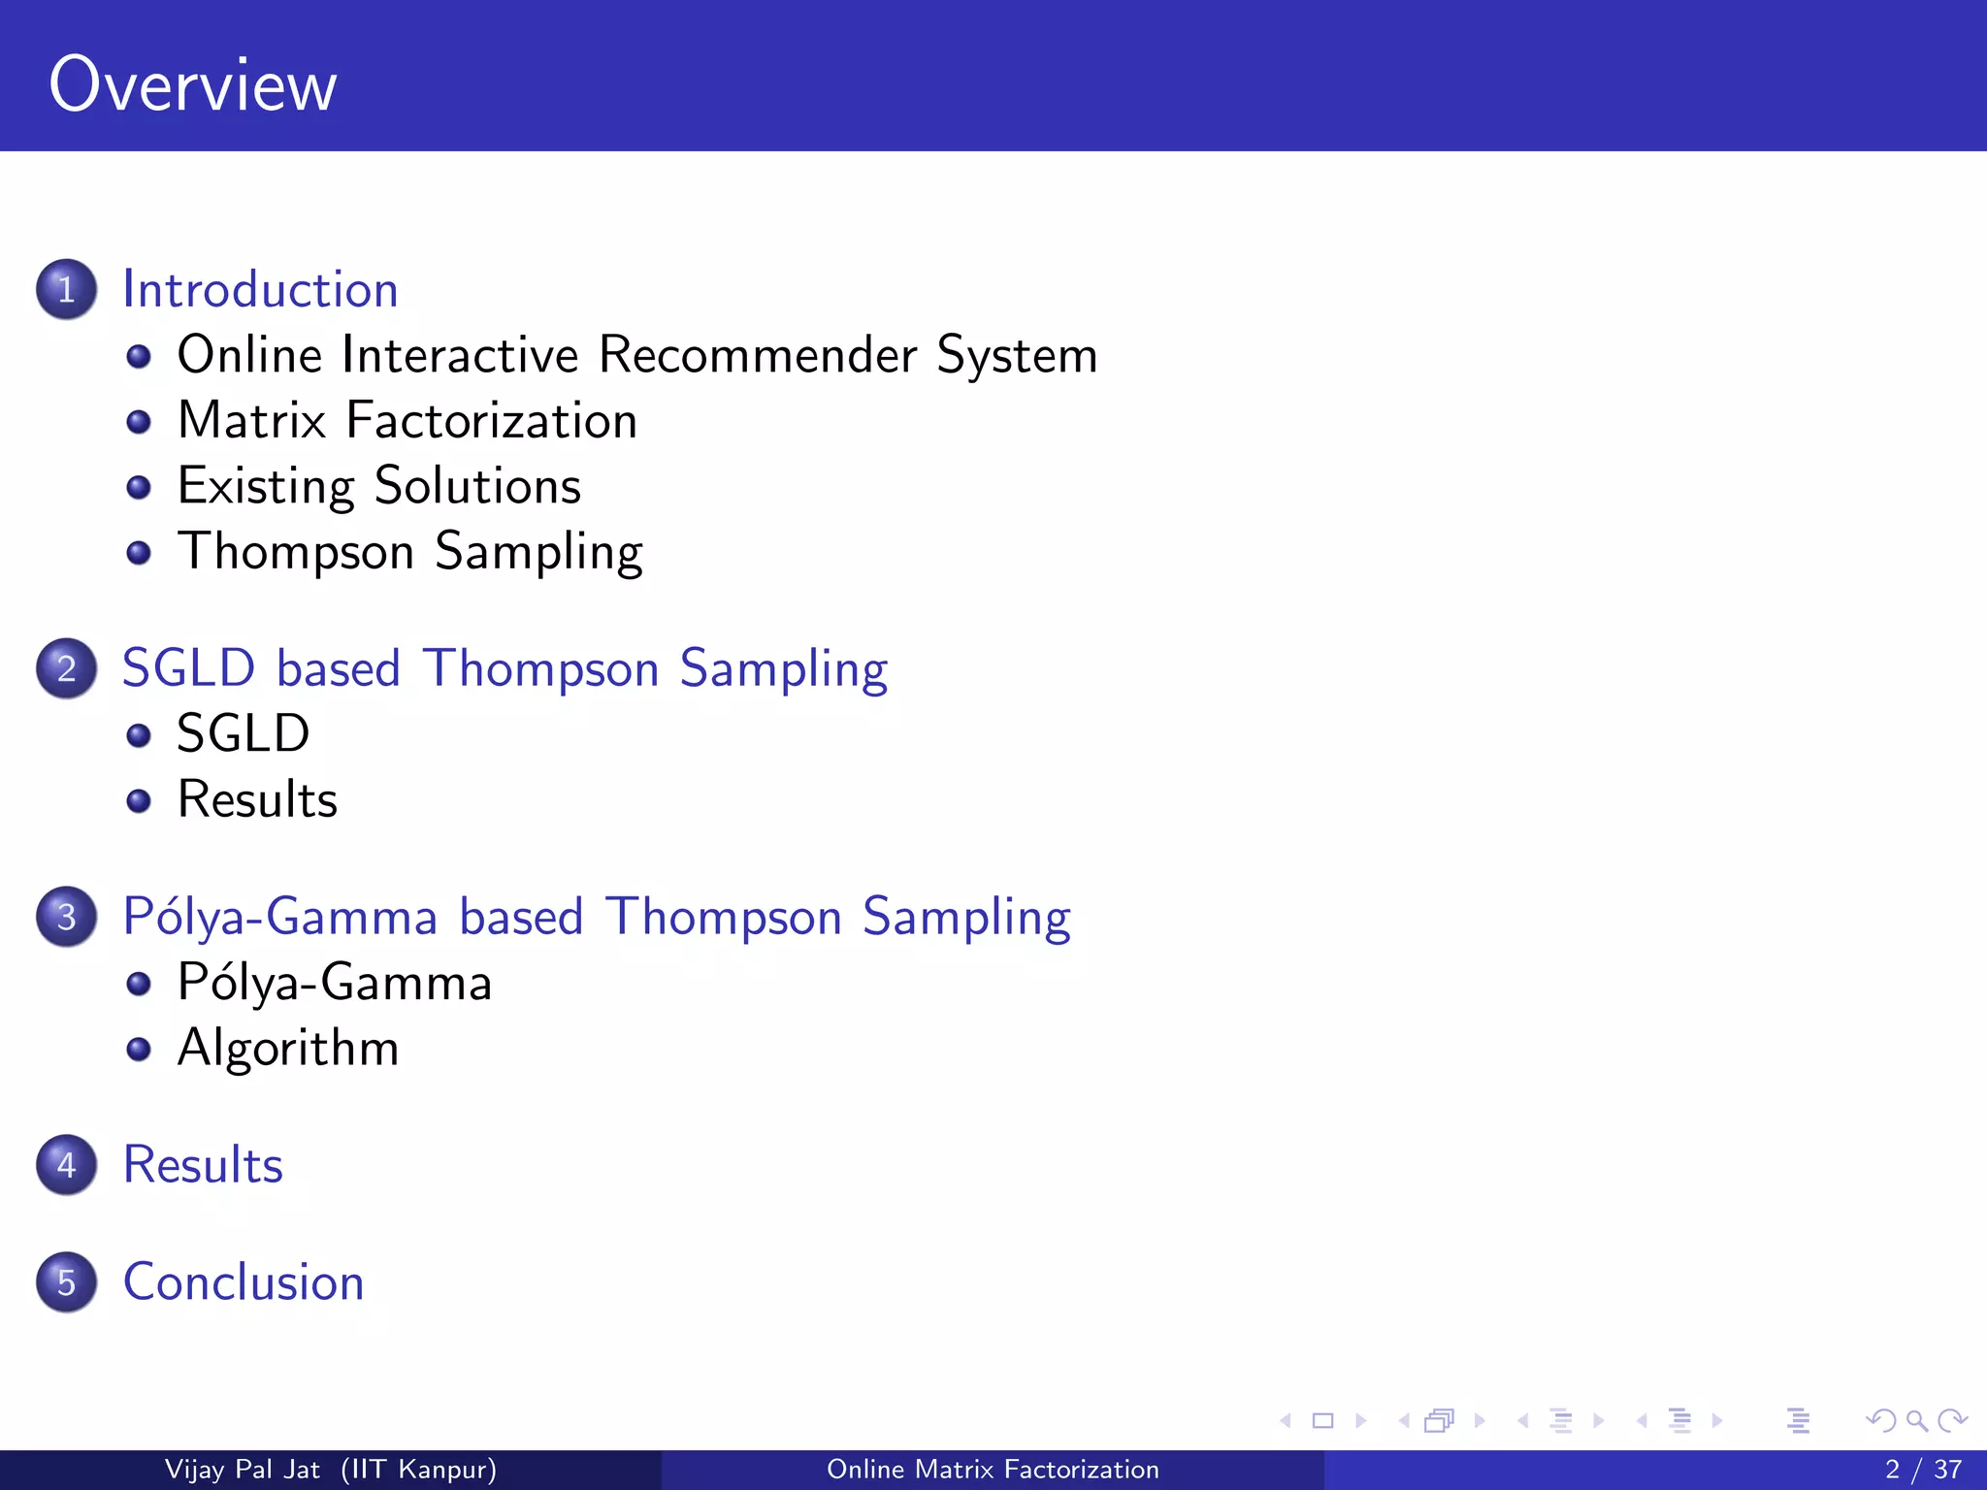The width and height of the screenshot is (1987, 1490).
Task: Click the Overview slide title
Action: click(x=192, y=85)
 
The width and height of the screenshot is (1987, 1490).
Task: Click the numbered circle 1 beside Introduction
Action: click(x=66, y=289)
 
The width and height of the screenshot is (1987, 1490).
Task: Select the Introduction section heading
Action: click(x=260, y=290)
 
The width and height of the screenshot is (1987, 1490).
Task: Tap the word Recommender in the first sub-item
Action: click(x=757, y=355)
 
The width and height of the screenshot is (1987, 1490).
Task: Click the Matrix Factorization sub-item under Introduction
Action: click(x=407, y=421)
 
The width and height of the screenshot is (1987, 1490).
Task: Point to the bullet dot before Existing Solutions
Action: click(x=139, y=487)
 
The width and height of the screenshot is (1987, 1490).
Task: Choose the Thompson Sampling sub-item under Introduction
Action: click(x=409, y=552)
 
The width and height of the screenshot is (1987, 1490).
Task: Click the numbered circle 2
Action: click(x=66, y=668)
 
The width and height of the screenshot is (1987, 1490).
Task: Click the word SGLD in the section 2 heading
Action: click(x=188, y=668)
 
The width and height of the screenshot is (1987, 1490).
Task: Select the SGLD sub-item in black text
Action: click(x=243, y=733)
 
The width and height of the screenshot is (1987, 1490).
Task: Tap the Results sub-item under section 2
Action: click(x=257, y=799)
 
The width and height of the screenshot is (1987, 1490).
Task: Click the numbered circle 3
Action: click(x=66, y=917)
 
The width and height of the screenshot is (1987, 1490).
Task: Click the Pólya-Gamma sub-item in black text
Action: click(x=335, y=983)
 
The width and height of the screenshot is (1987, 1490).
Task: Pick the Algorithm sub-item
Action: click(x=288, y=1049)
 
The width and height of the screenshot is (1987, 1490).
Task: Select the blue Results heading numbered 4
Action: click(x=203, y=1165)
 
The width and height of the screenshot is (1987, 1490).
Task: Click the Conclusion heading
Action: click(x=244, y=1282)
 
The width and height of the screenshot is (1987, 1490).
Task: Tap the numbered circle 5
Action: click(x=66, y=1282)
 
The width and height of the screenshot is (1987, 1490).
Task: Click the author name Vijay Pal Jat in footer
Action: click(x=242, y=1470)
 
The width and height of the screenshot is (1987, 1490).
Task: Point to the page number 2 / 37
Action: click(x=1923, y=1470)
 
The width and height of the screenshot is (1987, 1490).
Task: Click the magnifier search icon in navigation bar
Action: click(x=1916, y=1421)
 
